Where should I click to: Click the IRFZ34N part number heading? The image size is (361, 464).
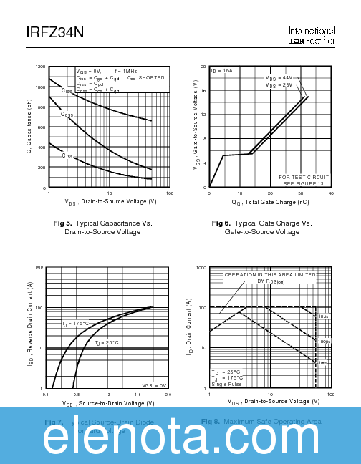(52, 34)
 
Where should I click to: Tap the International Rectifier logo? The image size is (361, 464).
(312, 37)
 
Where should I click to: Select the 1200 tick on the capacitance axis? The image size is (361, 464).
(40, 67)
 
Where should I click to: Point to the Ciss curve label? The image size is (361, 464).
(67, 90)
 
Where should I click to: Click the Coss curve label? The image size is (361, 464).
(67, 115)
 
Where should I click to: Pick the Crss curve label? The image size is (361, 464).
(67, 155)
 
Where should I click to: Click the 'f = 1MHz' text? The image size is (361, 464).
(126, 72)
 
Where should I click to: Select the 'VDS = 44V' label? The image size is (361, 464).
(279, 77)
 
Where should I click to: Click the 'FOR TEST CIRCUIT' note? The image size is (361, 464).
(304, 177)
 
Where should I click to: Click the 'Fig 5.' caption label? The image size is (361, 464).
(63, 223)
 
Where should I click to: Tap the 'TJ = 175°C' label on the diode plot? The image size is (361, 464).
(75, 323)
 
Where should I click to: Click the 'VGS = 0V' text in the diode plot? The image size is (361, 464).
(154, 385)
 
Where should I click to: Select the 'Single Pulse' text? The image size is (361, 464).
(227, 385)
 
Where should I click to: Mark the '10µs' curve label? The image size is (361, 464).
(324, 316)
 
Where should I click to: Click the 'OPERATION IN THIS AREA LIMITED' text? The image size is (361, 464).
(270, 274)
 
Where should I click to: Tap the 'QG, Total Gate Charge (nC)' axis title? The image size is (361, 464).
(270, 203)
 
